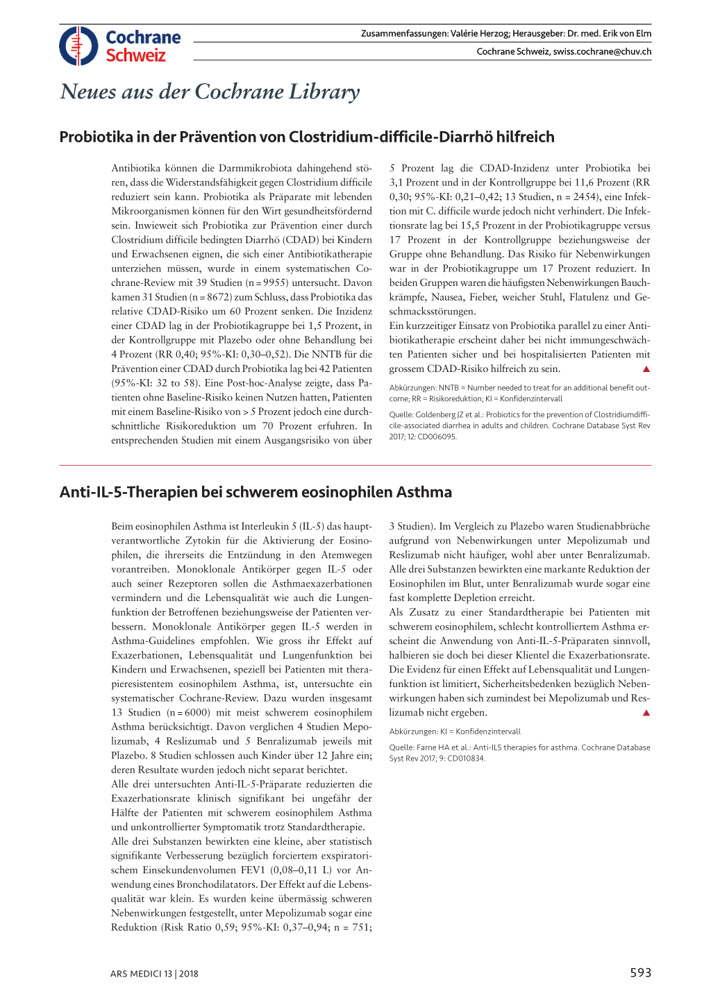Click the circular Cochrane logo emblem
coord(78,46)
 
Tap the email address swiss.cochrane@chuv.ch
coord(602,51)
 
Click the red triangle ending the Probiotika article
coord(646,369)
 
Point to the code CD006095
coord(438,437)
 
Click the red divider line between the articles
coord(355,465)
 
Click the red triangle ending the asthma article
coord(646,713)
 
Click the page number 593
coord(640,973)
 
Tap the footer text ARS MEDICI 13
coord(141,974)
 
